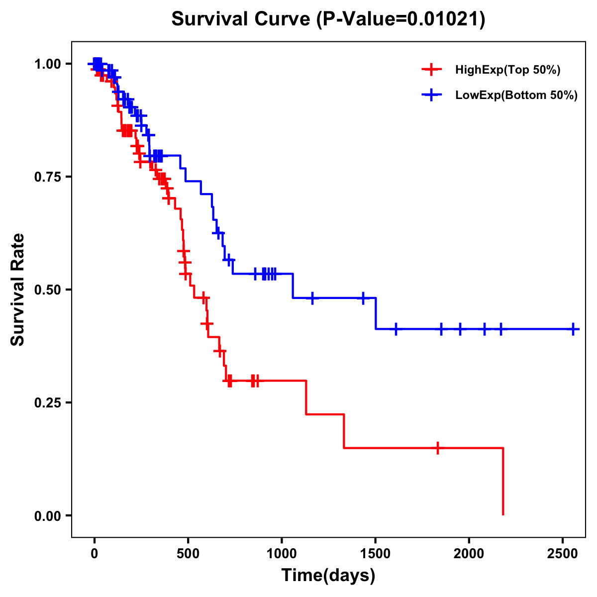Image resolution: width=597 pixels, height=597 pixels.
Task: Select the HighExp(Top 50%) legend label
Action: [x=508, y=70]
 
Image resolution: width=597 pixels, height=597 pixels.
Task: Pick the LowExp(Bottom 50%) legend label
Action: [x=516, y=96]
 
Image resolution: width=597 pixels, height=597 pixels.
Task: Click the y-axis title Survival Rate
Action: [x=18, y=289]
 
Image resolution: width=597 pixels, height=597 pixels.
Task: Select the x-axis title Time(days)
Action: [x=328, y=576]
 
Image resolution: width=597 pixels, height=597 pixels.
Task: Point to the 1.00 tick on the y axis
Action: [x=47, y=64]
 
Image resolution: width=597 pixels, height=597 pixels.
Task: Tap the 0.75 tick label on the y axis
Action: [x=47, y=177]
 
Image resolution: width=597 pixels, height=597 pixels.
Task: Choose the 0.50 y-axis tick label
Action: [x=47, y=290]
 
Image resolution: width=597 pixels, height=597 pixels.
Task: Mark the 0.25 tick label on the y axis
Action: [x=47, y=402]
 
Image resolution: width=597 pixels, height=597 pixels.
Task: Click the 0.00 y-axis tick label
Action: [x=47, y=515]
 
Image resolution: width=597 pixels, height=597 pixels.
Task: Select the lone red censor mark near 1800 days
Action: [x=437, y=448]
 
